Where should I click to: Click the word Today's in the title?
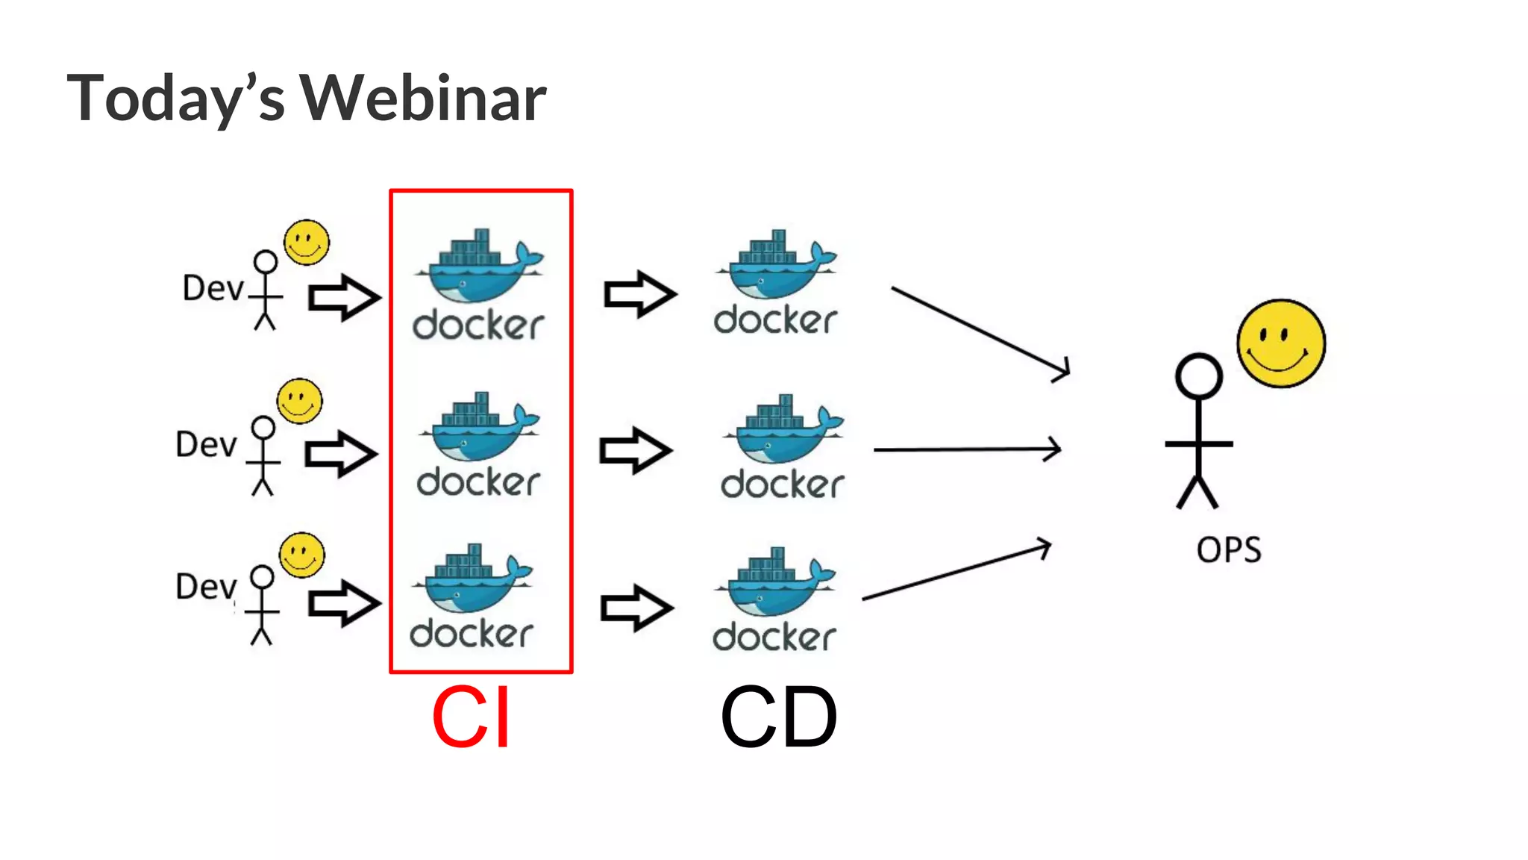click(176, 99)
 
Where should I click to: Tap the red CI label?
click(471, 717)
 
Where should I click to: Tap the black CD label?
click(778, 717)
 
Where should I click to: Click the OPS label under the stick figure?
click(1228, 550)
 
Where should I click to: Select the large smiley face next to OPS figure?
click(1280, 343)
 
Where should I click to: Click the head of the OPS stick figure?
click(1198, 376)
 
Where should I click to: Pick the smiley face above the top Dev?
click(306, 243)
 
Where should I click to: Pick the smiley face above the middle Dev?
click(299, 401)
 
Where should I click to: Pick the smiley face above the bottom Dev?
click(301, 555)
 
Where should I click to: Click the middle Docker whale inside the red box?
click(479, 431)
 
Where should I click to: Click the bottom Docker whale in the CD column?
click(774, 586)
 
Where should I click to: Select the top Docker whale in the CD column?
click(776, 268)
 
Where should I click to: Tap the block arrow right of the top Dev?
click(344, 298)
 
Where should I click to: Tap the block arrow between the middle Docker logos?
click(636, 450)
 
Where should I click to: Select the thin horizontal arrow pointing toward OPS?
click(966, 449)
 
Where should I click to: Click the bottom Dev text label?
click(205, 587)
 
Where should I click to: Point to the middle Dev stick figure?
click(263, 456)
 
